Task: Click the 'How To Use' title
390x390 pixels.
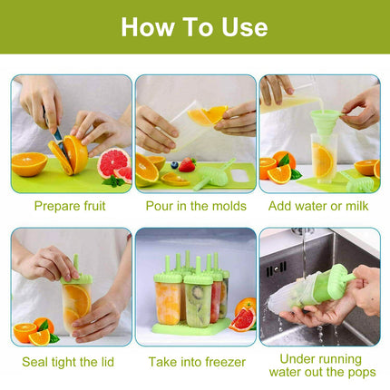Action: [x=194, y=26]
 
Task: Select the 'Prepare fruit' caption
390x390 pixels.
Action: [x=70, y=206]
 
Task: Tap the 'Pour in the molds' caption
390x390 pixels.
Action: [x=196, y=206]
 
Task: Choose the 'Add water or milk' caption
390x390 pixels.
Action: [x=319, y=206]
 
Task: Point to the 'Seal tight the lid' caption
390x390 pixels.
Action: [x=70, y=362]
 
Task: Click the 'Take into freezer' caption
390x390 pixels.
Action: [x=196, y=362]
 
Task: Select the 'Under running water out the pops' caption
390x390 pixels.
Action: [x=319, y=366]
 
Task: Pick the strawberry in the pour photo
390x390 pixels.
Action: [x=187, y=165]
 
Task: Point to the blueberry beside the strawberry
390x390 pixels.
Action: [x=174, y=165]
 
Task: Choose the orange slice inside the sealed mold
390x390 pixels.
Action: [x=76, y=299]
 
